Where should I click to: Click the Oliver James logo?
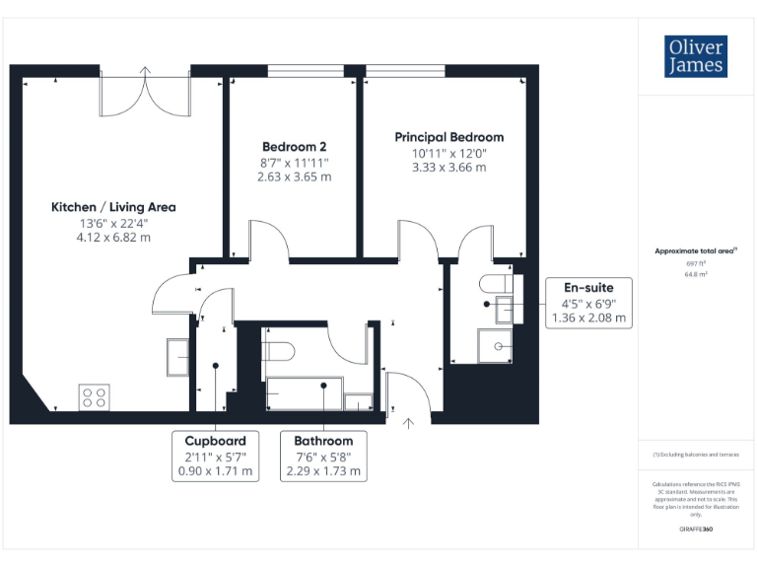[x=696, y=56]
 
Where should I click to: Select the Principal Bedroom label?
[x=448, y=137]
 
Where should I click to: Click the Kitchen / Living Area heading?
[x=113, y=207]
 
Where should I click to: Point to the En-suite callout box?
[x=588, y=303]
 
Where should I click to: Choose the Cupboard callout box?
[x=215, y=456]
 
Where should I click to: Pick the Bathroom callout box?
[x=322, y=456]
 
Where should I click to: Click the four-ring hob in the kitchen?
[x=95, y=396]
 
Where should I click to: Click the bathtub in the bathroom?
[x=302, y=393]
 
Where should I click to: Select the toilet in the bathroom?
[x=280, y=351]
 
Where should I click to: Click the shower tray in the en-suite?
[x=501, y=346]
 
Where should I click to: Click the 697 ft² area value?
[x=696, y=264]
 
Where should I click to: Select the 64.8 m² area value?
[x=696, y=275]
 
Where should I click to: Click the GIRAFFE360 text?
[x=696, y=531]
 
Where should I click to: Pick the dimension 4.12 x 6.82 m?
[x=114, y=238]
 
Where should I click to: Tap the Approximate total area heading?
[x=695, y=251]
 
